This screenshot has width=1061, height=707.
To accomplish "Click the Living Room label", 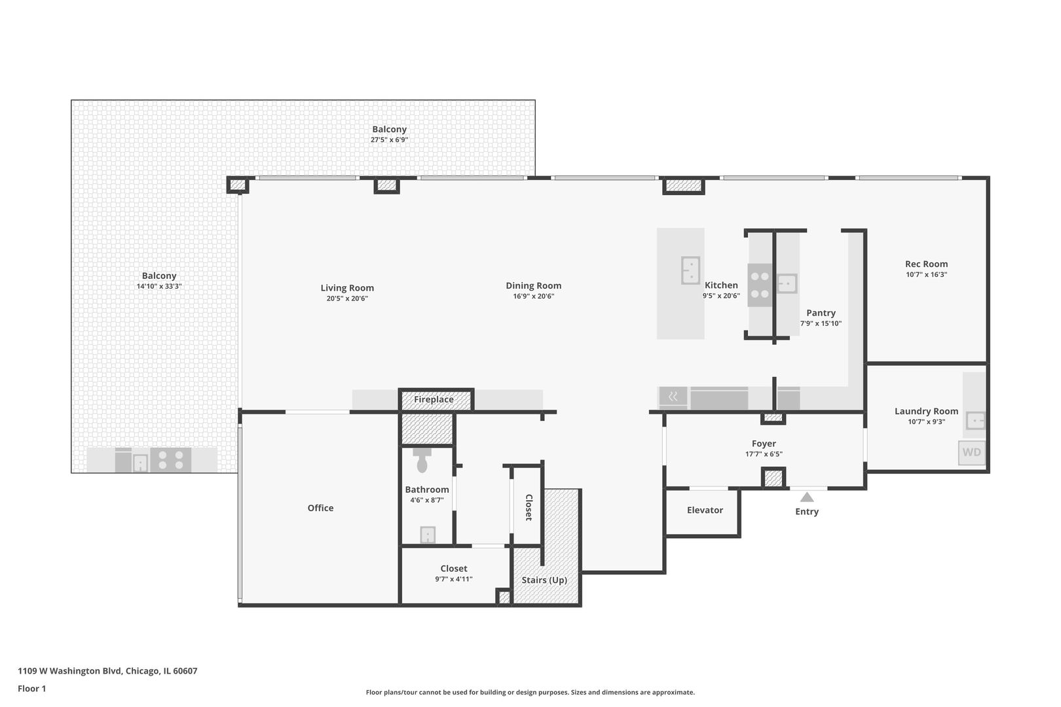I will [347, 288].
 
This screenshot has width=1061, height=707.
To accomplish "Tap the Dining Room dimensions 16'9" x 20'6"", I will [533, 297].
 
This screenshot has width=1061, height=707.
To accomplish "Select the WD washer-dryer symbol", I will [971, 452].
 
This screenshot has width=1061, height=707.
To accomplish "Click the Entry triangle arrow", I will [807, 498].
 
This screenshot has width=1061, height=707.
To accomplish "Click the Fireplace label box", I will [434, 399].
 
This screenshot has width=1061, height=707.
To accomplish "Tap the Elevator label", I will [705, 510].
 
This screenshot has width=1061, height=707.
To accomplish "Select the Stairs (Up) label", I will [544, 580].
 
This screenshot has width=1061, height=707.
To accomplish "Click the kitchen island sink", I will [690, 270].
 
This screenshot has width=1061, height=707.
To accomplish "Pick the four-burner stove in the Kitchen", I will [760, 285].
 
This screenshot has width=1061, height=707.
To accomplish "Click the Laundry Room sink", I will [975, 420].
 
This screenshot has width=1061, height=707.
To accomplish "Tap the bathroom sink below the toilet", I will [427, 535].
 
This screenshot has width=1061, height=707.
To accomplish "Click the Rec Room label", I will [926, 264].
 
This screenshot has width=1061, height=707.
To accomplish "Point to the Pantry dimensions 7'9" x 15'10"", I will [821, 323].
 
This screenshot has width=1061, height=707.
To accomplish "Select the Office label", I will [320, 508].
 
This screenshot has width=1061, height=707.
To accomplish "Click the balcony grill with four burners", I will [170, 460].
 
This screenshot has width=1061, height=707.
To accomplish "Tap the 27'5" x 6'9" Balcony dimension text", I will [389, 140].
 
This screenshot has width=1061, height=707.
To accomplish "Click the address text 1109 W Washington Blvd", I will [107, 671].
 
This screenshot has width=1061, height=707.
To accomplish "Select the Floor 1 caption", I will [32, 689].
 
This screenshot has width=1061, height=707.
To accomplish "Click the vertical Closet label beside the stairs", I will [529, 507].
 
